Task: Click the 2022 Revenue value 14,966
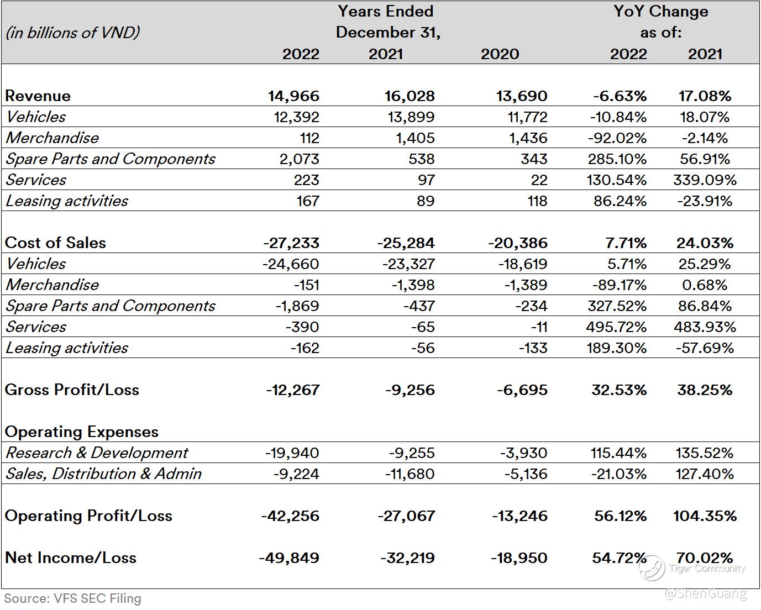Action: coord(293,96)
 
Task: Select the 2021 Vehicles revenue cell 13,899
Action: coord(410,117)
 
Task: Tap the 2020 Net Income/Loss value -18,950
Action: coord(519,558)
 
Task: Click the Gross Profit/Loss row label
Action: coord(72,390)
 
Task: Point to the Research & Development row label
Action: coord(97,453)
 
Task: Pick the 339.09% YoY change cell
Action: coord(705,180)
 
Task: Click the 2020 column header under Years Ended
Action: coord(500,54)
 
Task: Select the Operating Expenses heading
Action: coord(81,432)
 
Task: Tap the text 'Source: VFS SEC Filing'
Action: coord(72,598)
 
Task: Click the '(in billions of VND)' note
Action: coord(72,33)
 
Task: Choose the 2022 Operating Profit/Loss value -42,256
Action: coord(290,516)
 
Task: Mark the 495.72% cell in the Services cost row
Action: coord(616,327)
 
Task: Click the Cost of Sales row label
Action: coord(55,243)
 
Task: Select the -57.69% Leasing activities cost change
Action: coord(705,348)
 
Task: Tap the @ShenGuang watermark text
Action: coord(705,594)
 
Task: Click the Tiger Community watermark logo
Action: coord(653,568)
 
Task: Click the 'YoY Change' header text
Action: coord(660,11)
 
